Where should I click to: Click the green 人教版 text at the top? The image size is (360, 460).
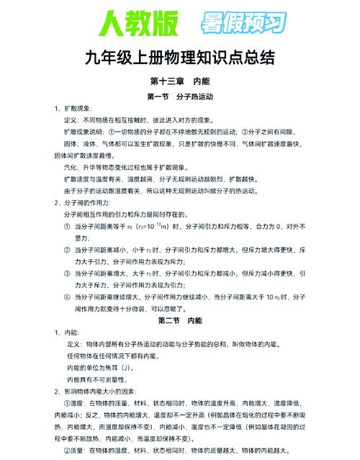pos(135,23)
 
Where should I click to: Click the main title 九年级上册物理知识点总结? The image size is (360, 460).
pos(180,58)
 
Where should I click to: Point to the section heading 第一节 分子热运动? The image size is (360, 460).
pos(180,96)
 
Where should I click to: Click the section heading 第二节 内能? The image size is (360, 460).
pos(180,319)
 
